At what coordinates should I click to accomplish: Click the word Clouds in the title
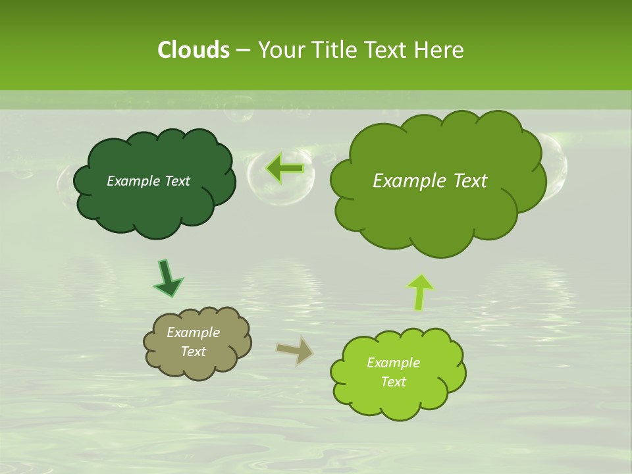click(x=193, y=50)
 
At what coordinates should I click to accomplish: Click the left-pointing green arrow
click(x=285, y=169)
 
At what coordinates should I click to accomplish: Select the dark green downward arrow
click(x=167, y=278)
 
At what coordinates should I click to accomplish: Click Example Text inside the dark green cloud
click(x=148, y=181)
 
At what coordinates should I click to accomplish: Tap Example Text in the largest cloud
click(x=430, y=181)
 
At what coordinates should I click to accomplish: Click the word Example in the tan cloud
click(x=193, y=332)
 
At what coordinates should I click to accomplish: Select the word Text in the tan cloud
click(x=193, y=352)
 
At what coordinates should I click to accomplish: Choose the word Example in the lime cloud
click(x=393, y=363)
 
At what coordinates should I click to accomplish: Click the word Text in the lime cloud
click(x=393, y=382)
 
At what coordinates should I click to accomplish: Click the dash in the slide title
click(x=243, y=50)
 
